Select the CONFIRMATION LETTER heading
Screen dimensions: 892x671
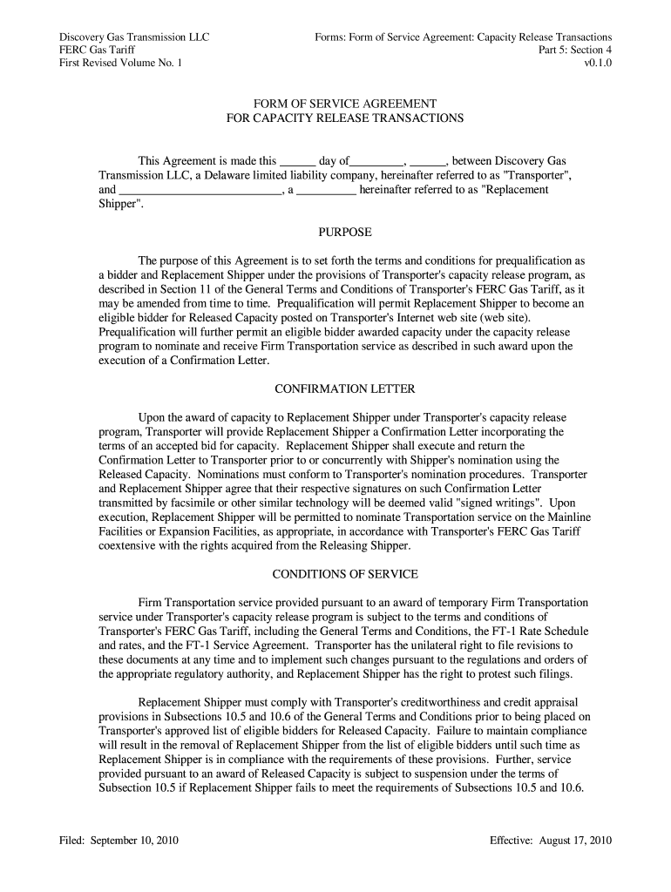coord(345,389)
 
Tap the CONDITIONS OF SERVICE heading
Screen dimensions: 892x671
coord(345,574)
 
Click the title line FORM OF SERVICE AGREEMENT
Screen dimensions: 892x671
coord(345,104)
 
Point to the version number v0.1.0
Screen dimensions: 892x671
coord(598,64)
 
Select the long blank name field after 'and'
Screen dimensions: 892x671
coord(200,191)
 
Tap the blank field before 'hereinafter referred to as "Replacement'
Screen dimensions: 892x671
coord(327,191)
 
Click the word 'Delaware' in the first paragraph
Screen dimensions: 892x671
coord(232,176)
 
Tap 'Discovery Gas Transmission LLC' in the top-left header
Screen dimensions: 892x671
coord(134,37)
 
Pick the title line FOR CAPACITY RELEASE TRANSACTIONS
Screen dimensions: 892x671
coord(345,118)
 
